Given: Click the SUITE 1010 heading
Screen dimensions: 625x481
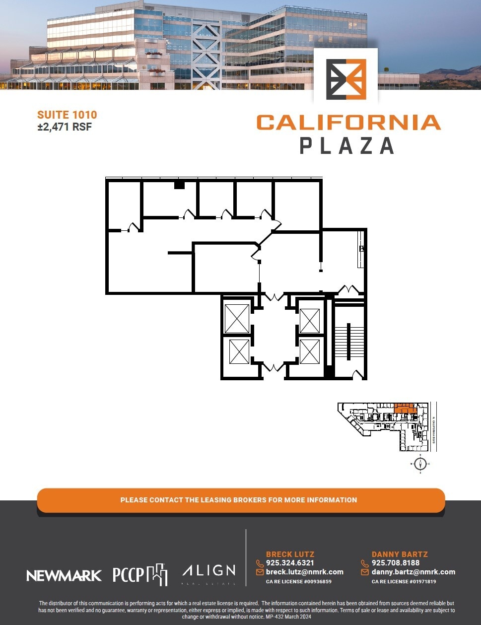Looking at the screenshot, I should (67, 115).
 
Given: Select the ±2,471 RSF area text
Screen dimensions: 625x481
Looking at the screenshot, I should (65, 127).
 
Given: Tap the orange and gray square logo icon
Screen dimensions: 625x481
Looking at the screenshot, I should (346, 79).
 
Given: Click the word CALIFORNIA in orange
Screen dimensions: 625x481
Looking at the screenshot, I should (348, 123).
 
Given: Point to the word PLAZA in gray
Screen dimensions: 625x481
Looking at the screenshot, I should (347, 146).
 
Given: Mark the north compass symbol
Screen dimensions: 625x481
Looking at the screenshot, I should (421, 464).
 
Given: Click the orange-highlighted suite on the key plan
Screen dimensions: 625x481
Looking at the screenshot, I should (405, 408).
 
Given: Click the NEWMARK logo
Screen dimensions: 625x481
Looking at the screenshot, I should (64, 576).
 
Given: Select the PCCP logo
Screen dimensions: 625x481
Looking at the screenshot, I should (140, 574).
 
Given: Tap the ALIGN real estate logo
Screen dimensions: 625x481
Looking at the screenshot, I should (209, 573).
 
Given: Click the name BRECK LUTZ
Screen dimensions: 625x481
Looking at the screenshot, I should (290, 554).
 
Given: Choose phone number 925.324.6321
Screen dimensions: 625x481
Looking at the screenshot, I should (290, 563).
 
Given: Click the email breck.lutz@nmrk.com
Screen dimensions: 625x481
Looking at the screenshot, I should (305, 572).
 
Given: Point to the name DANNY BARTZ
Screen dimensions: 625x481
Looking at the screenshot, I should (400, 554).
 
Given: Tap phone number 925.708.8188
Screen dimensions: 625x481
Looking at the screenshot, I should (396, 563).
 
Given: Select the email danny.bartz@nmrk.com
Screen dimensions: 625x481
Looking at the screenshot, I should (413, 572).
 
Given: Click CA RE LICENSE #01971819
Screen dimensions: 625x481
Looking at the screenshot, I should (404, 581).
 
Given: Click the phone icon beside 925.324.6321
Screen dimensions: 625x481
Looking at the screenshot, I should (260, 563).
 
